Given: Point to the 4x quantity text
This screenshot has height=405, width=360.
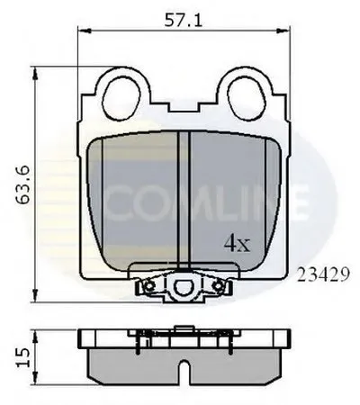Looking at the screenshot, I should pos(236,244).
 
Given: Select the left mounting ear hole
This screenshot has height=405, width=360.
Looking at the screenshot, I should pos(120,91).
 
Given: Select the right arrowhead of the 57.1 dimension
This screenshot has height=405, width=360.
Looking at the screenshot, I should pos(289,31).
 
